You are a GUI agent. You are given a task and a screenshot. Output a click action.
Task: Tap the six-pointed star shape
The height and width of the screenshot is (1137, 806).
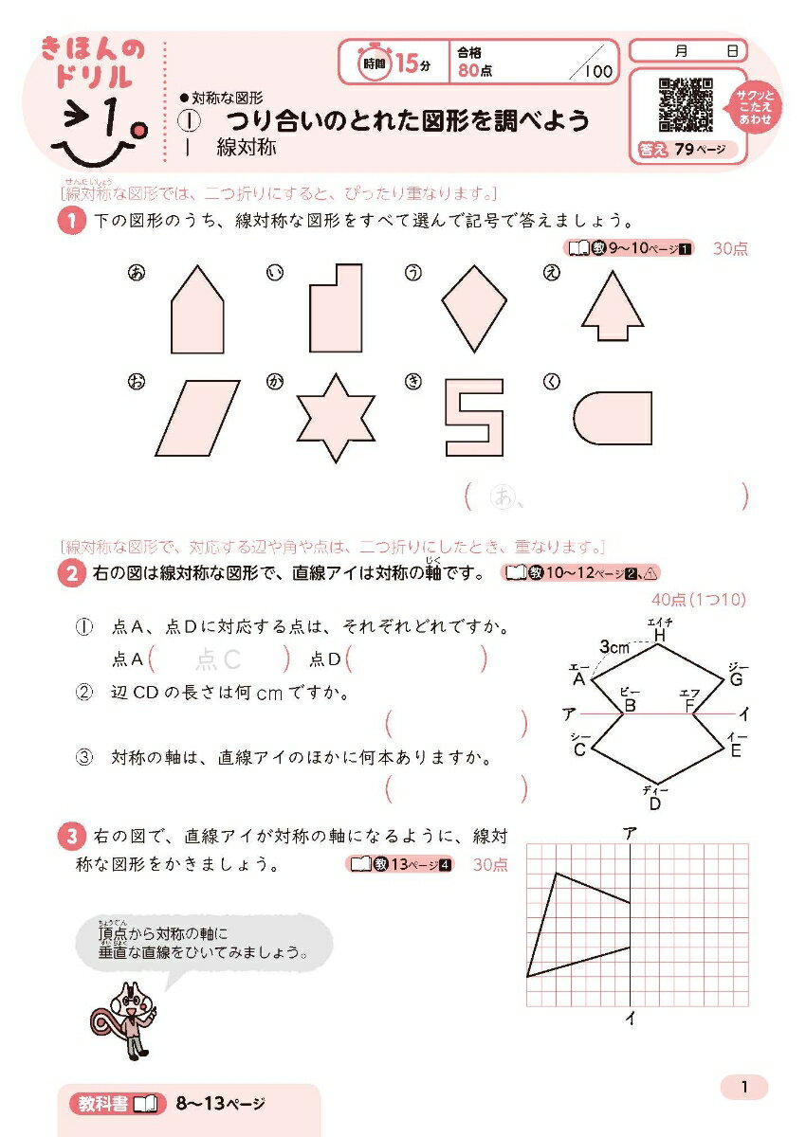[x=330, y=416]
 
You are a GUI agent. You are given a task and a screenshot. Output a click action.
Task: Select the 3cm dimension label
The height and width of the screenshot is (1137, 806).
[x=616, y=646]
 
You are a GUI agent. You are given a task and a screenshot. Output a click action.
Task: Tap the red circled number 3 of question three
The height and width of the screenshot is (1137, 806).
[x=72, y=838]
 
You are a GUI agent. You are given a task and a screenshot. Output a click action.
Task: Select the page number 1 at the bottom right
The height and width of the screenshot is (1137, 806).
[x=744, y=1088]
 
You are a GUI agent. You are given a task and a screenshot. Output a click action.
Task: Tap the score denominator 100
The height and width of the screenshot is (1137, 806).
[x=598, y=70]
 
